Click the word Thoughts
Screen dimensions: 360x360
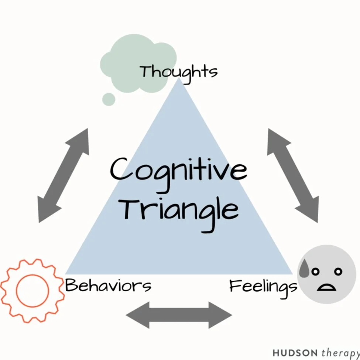click(179, 72)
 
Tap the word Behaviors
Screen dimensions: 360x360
click(108, 285)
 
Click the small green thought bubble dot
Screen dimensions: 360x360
click(109, 99)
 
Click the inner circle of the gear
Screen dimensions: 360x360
click(32, 291)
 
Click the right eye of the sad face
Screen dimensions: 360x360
click(337, 272)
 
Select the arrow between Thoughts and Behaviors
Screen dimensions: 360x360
click(64, 176)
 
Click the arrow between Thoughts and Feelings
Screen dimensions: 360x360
click(293, 176)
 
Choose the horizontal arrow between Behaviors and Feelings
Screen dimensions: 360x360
click(179, 315)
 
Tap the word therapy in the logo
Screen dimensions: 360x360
click(340, 352)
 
